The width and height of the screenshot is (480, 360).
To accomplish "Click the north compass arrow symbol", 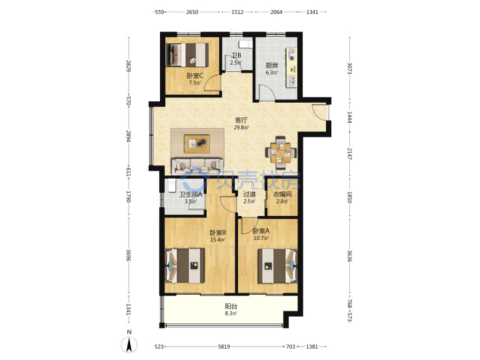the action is click(x=129, y=345).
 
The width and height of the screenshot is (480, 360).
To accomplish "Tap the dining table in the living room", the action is click(x=281, y=152).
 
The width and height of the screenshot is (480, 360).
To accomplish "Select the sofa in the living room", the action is click(x=197, y=165).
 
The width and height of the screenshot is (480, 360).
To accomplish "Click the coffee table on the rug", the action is click(x=197, y=143).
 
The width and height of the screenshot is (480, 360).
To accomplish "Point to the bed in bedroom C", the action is click(x=187, y=55).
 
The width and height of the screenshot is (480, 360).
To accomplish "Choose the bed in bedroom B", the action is click(x=185, y=266).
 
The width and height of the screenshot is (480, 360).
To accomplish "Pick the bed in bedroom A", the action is click(x=277, y=266).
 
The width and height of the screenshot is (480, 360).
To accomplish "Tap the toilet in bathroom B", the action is click(x=245, y=45).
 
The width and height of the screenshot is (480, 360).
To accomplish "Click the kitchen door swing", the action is click(x=266, y=92).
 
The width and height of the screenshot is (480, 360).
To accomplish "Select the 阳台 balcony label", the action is click(x=231, y=306).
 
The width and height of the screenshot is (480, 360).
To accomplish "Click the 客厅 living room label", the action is click(x=241, y=120).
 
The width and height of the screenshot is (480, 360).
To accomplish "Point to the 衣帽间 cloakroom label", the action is click(x=282, y=194).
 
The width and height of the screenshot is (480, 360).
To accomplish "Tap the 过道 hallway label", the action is click(x=249, y=194).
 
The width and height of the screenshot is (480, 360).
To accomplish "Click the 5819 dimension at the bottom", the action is click(x=224, y=347).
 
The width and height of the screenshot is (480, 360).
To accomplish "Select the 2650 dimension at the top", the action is click(x=192, y=12).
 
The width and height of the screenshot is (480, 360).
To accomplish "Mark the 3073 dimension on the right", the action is click(x=349, y=68).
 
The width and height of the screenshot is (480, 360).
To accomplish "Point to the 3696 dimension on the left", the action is click(x=129, y=255).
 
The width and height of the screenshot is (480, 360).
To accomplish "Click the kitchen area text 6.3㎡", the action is click(x=272, y=73).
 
